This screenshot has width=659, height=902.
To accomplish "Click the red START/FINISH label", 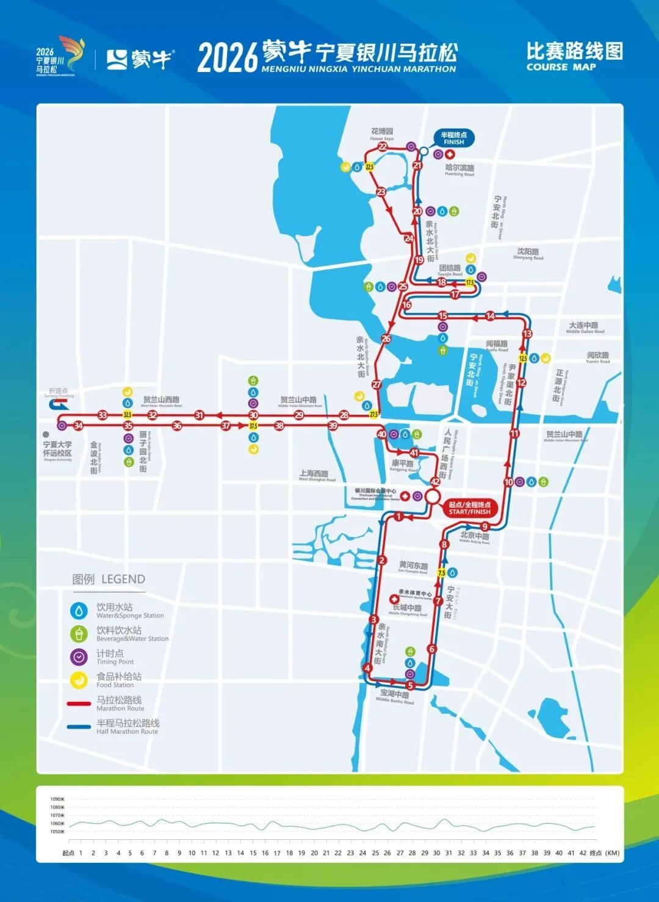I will (x=469, y=508).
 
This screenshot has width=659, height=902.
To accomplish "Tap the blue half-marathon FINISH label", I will (x=453, y=138).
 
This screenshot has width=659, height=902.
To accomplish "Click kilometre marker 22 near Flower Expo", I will (x=383, y=146).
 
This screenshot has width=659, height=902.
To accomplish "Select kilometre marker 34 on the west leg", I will (x=78, y=426).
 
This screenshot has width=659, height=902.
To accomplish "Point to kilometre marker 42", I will (x=435, y=482).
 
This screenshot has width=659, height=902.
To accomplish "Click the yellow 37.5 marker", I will (x=253, y=426).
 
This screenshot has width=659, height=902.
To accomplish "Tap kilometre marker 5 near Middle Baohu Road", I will (x=410, y=685).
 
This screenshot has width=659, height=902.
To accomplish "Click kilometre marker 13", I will (x=527, y=334).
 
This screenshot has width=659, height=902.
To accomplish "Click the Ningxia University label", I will (x=57, y=449).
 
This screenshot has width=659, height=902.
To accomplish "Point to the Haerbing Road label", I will (x=459, y=170).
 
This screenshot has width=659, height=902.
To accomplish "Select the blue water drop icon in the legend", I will (x=79, y=610).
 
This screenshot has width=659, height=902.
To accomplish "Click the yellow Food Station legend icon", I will (x=79, y=679).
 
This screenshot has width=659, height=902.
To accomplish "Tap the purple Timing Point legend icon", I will (x=79, y=657).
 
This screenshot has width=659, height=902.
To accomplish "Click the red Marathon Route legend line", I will (x=79, y=703).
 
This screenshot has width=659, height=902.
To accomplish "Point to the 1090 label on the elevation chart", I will (x=57, y=799).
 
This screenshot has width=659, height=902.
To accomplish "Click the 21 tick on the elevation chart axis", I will (x=326, y=853).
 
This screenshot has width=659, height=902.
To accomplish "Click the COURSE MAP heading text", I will (x=561, y=67).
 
